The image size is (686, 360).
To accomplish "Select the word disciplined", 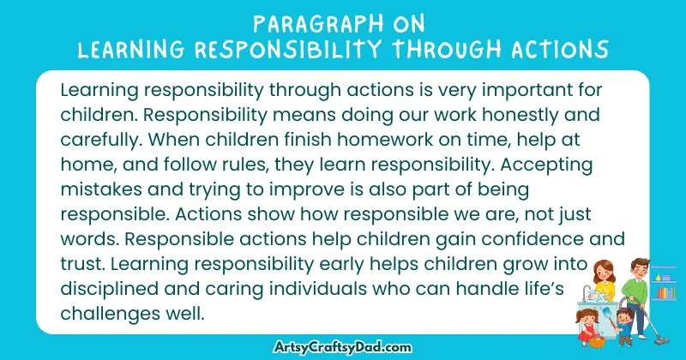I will click(110, 289).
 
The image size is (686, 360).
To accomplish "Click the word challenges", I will click(108, 314).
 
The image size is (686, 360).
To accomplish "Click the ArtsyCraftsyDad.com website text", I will click(346, 345).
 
